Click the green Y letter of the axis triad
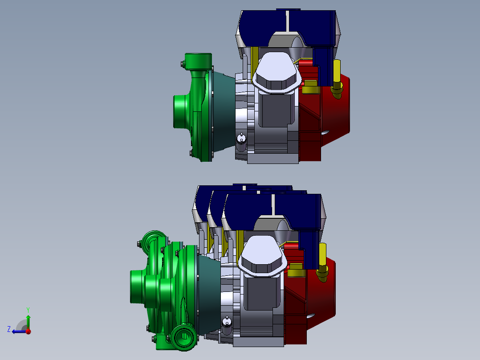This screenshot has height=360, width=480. pyautogui.click(x=28, y=310)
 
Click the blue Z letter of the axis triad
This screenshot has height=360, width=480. pyautogui.click(x=9, y=329)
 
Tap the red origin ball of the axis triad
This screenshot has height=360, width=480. pyautogui.click(x=28, y=331)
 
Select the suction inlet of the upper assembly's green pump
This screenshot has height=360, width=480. pyautogui.click(x=180, y=111)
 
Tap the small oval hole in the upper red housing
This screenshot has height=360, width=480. pyautogui.click(x=325, y=132)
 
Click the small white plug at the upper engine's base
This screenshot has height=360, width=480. pyautogui.click(x=241, y=139)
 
